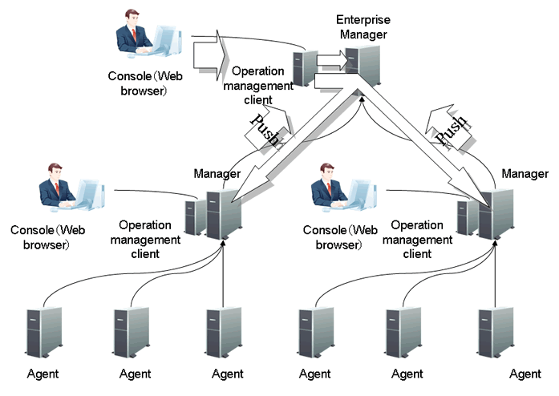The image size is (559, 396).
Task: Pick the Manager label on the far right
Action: click(525, 173)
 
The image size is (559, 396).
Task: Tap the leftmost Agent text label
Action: click(43, 374)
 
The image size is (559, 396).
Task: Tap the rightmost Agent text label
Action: click(525, 374)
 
